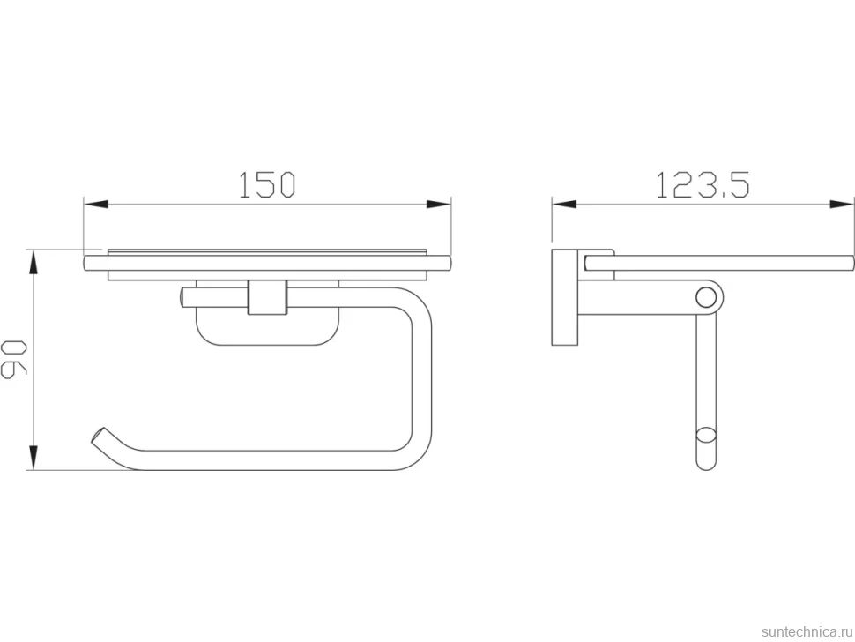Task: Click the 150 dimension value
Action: [x=267, y=184]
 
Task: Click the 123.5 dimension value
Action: [x=703, y=184]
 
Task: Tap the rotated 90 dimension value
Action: [x=13, y=359]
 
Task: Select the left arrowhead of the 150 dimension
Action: [x=96, y=205]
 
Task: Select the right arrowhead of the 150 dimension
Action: [x=438, y=205]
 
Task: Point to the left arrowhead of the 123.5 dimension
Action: [x=564, y=205]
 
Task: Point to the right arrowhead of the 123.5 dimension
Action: [x=842, y=205]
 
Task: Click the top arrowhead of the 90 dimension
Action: [x=33, y=263]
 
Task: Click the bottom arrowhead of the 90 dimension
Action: [x=33, y=457]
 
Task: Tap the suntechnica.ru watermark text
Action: [x=807, y=631]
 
